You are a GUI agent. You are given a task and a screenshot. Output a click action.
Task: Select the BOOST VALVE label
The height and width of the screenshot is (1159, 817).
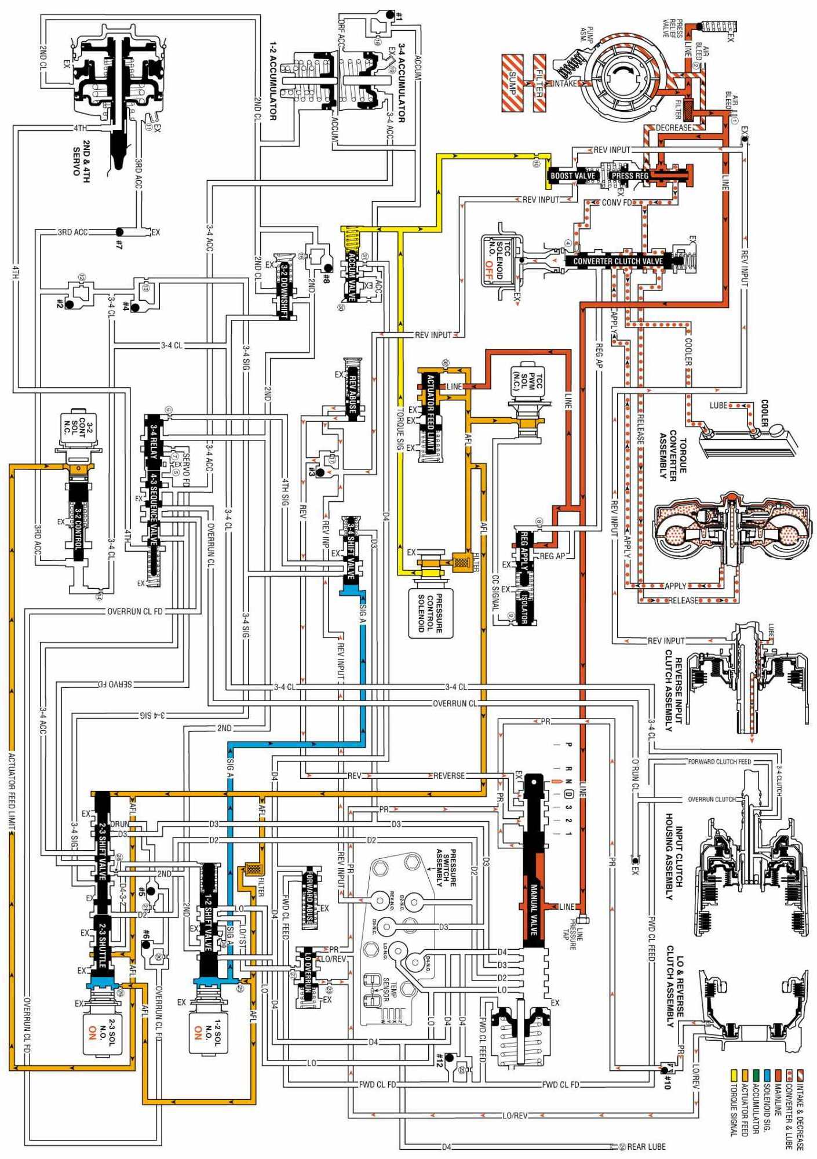click(572, 176)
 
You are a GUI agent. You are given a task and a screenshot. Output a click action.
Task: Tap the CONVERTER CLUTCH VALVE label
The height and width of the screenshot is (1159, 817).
click(618, 261)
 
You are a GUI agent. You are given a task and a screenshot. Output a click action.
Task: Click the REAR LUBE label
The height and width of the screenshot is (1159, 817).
click(646, 1146)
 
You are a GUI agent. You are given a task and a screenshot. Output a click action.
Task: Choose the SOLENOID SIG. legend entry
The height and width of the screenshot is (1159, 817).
click(766, 1116)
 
